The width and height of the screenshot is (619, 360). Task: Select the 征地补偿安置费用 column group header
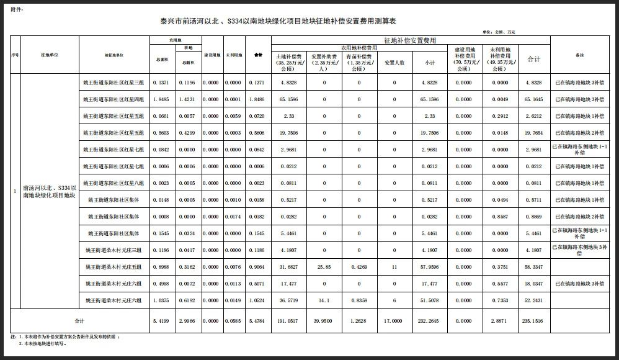tap(409, 40)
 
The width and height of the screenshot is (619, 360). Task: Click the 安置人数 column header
tap(394, 63)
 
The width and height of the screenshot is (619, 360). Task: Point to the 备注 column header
tap(580, 55)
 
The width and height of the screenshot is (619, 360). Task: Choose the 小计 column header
tap(429, 63)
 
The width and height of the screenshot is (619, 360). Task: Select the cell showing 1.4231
tap(187, 99)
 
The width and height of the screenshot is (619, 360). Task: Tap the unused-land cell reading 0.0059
tap(233, 116)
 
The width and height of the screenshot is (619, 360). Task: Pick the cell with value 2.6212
tap(533, 116)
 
